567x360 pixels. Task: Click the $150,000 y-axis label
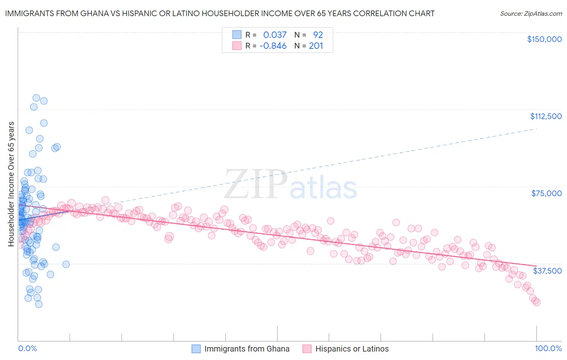544,39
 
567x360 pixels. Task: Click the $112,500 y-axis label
546,116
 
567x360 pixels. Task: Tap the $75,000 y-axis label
546,193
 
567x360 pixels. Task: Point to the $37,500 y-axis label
547,270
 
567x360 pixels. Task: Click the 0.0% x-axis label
27,348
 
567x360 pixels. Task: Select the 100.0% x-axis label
548,348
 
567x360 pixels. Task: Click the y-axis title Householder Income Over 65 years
11,184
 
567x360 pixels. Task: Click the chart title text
219,13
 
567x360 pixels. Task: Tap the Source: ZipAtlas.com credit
531,13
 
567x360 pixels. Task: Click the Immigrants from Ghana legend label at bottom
246,349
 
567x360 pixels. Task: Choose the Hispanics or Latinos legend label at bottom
352,349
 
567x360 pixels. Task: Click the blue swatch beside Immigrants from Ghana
196,349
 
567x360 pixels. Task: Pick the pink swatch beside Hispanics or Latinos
307,349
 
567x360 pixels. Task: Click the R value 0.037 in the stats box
275,35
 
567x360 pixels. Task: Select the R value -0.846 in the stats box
273,46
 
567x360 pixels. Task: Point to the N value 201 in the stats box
316,46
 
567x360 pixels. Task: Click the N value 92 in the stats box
318,35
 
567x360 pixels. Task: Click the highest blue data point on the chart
36,98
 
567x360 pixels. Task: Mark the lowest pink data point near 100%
536,302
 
